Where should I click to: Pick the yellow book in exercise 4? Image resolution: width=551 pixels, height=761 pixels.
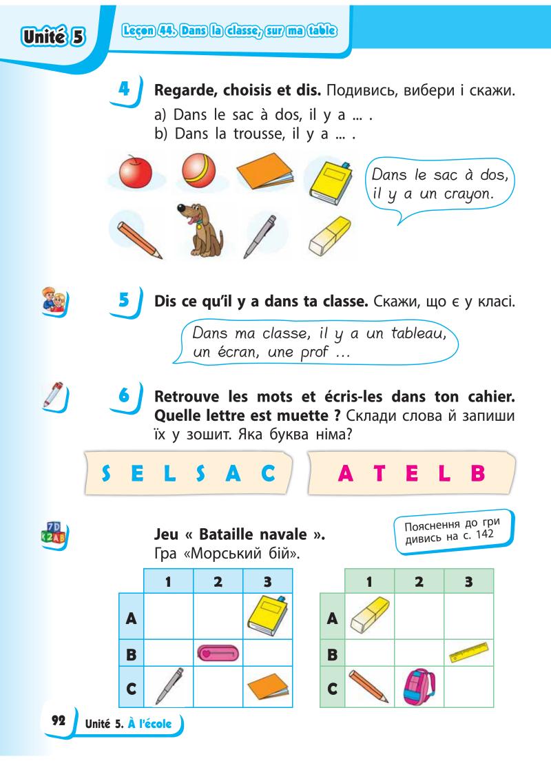(327, 180)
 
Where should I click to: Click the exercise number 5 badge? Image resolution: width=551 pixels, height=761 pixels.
(125, 302)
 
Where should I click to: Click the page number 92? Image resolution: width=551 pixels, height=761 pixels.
(58, 721)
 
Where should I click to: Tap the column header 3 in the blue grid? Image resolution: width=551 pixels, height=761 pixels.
(261, 581)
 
